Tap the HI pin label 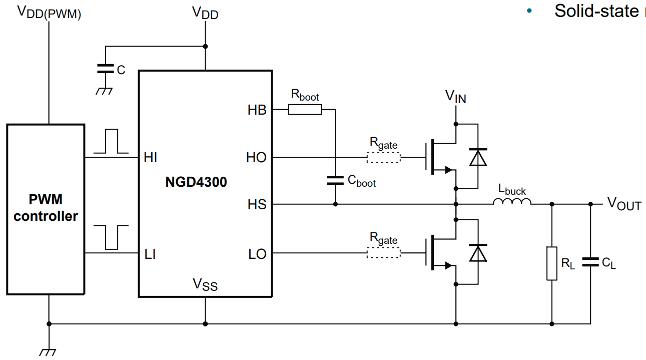pyautogui.click(x=151, y=156)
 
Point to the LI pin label pyautogui.click(x=151, y=253)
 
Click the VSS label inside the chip pyautogui.click(x=205, y=285)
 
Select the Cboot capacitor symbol pyautogui.click(x=335, y=181)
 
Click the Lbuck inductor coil pyautogui.click(x=511, y=204)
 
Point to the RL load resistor pyautogui.click(x=549, y=263)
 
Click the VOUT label pyautogui.click(x=625, y=203)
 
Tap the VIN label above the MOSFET pyautogui.click(x=456, y=96)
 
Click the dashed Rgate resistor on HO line pyautogui.click(x=384, y=157)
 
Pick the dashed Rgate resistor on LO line pyautogui.click(x=384, y=253)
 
